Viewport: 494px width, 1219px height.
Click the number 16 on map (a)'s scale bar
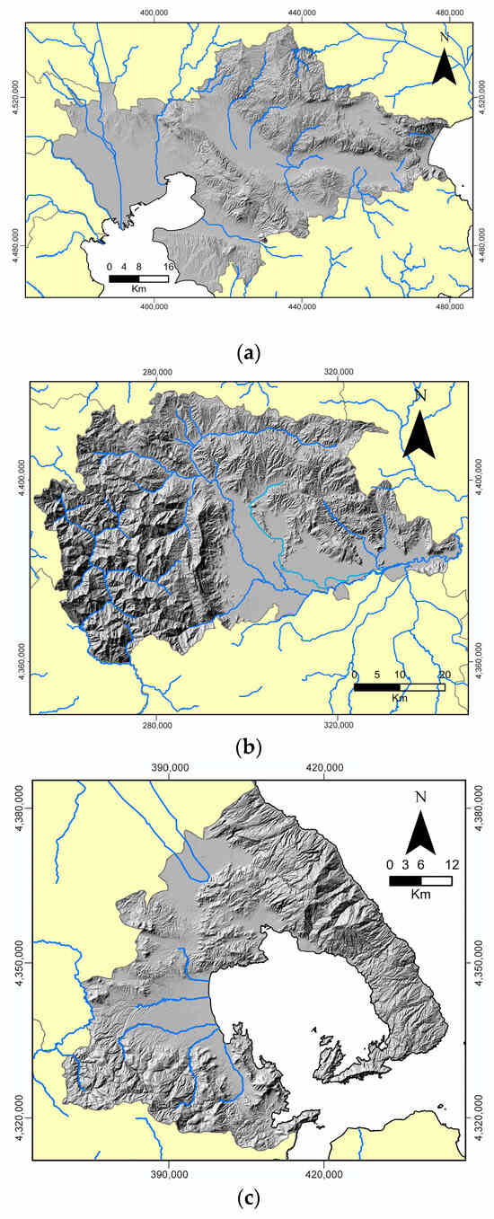click(168, 267)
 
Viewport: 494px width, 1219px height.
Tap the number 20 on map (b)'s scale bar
click(444, 675)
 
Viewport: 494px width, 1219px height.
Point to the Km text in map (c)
click(420, 895)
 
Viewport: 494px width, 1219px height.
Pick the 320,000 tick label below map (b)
click(338, 726)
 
